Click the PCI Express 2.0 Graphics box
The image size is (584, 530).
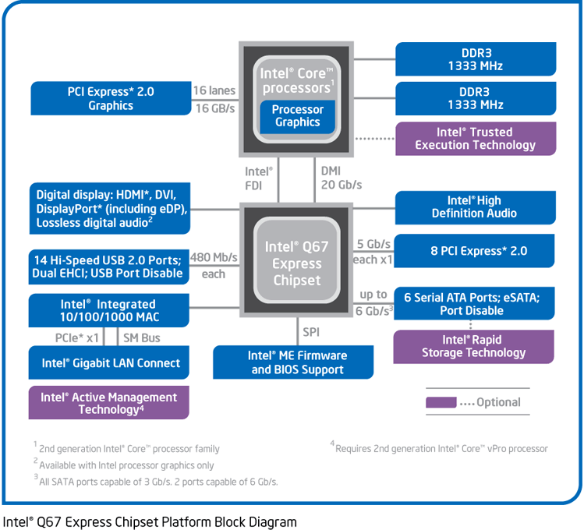coord(111,98)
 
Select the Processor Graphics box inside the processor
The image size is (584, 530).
coord(297,116)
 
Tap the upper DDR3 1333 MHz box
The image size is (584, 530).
coord(475,59)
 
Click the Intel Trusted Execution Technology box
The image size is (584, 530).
coord(475,139)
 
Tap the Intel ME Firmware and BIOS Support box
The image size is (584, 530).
coord(297,362)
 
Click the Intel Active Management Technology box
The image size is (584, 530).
coord(109,403)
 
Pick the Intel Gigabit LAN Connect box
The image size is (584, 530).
coord(110,363)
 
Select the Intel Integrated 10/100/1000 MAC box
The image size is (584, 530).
coord(110,310)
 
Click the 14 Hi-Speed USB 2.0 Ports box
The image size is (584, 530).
coord(110,267)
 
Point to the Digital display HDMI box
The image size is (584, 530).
coord(110,207)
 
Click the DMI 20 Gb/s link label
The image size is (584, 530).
coord(341,178)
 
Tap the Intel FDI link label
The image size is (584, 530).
coord(259,178)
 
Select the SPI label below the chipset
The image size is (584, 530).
coord(310,332)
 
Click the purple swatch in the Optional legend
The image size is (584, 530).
coord(441,403)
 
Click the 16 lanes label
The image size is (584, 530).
coord(214,91)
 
